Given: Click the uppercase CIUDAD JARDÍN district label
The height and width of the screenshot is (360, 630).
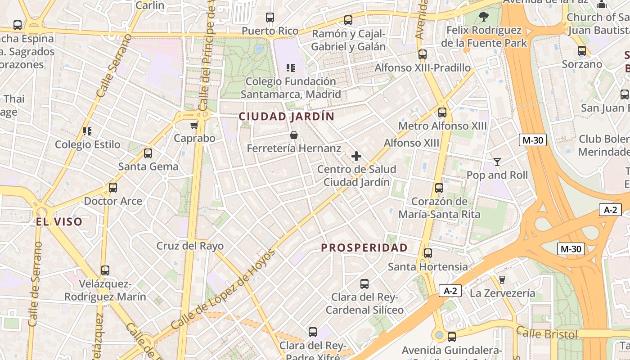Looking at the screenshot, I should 287,117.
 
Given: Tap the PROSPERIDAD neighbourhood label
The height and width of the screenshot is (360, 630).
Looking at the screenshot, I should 364,247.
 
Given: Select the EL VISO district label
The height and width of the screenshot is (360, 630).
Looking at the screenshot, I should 59,221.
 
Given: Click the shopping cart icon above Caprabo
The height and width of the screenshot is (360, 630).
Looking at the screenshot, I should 194,125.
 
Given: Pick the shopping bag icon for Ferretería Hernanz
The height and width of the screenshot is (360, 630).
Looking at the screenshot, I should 294,135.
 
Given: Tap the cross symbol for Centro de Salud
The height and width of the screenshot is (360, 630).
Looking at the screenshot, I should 356,156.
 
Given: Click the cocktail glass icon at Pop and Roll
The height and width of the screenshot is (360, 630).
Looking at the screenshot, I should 497,162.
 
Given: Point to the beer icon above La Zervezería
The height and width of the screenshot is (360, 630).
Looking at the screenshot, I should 502,280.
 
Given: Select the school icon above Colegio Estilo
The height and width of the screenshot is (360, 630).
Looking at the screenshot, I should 87,131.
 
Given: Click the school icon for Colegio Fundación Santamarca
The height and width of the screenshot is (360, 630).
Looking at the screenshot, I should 291,68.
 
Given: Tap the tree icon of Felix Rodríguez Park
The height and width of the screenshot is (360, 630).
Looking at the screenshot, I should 484,17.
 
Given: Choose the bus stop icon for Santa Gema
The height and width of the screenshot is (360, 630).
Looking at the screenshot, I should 148,153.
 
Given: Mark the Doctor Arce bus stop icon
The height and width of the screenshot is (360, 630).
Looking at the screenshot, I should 113,188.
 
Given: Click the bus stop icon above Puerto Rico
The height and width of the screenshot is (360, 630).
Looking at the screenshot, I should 270,18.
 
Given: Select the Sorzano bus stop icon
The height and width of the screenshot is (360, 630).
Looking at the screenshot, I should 582,51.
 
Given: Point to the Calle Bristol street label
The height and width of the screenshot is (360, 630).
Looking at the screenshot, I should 546,333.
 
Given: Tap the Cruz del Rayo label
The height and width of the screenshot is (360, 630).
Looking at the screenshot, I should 190,246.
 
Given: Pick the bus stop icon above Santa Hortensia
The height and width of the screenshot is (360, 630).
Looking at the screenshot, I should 428,253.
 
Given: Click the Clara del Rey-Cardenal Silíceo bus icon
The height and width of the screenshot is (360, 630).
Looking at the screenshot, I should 364,284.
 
